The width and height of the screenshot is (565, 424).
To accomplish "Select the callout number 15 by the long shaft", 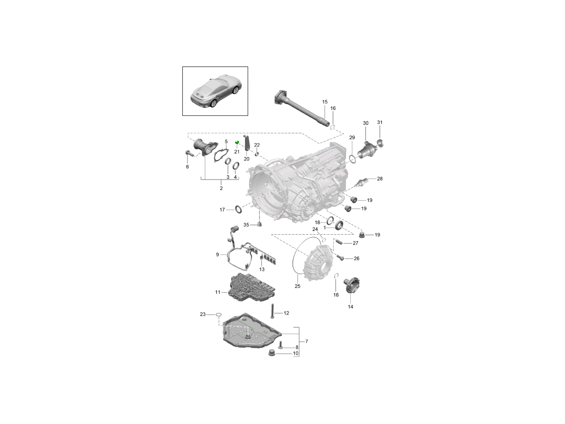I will [324, 102].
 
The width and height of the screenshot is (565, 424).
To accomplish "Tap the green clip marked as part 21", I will [237, 143].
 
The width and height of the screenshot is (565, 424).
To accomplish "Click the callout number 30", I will [365, 123].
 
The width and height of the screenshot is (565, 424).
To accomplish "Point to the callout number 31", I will [380, 122].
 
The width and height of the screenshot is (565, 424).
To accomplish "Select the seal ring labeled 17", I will [240, 209].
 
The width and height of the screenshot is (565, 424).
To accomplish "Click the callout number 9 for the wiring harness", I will [218, 255].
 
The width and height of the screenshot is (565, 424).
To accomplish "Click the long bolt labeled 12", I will [272, 311].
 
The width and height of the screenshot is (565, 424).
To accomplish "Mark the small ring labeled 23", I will [218, 314].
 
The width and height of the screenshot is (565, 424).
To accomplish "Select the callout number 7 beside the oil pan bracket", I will [307, 341].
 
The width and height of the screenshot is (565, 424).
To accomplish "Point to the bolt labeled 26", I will [340, 258].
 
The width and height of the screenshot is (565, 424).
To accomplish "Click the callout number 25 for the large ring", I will [297, 286].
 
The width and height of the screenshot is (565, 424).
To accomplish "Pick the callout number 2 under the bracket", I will [221, 188].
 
